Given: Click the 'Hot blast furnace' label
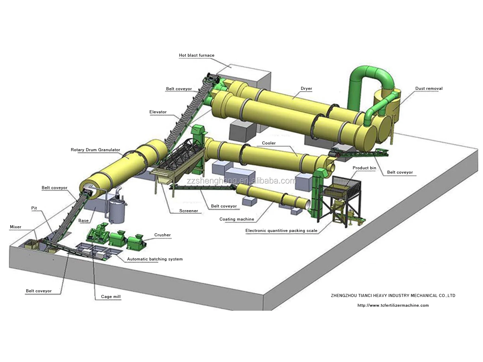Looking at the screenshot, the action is coord(197,55).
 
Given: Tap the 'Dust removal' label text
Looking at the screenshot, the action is coord(429,88).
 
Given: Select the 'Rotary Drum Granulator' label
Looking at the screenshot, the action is coord(95,150).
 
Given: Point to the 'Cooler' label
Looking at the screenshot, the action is coord(269,143).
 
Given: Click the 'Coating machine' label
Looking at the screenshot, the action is coord(236,219).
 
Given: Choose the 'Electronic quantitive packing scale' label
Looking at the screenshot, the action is coord(281,231).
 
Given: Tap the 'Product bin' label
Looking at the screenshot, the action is coord(364,168).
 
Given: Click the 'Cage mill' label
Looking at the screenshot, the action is coord(111,297).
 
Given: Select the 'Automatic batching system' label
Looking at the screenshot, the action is coord(155,259).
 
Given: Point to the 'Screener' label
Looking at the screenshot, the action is coord(189,211).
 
